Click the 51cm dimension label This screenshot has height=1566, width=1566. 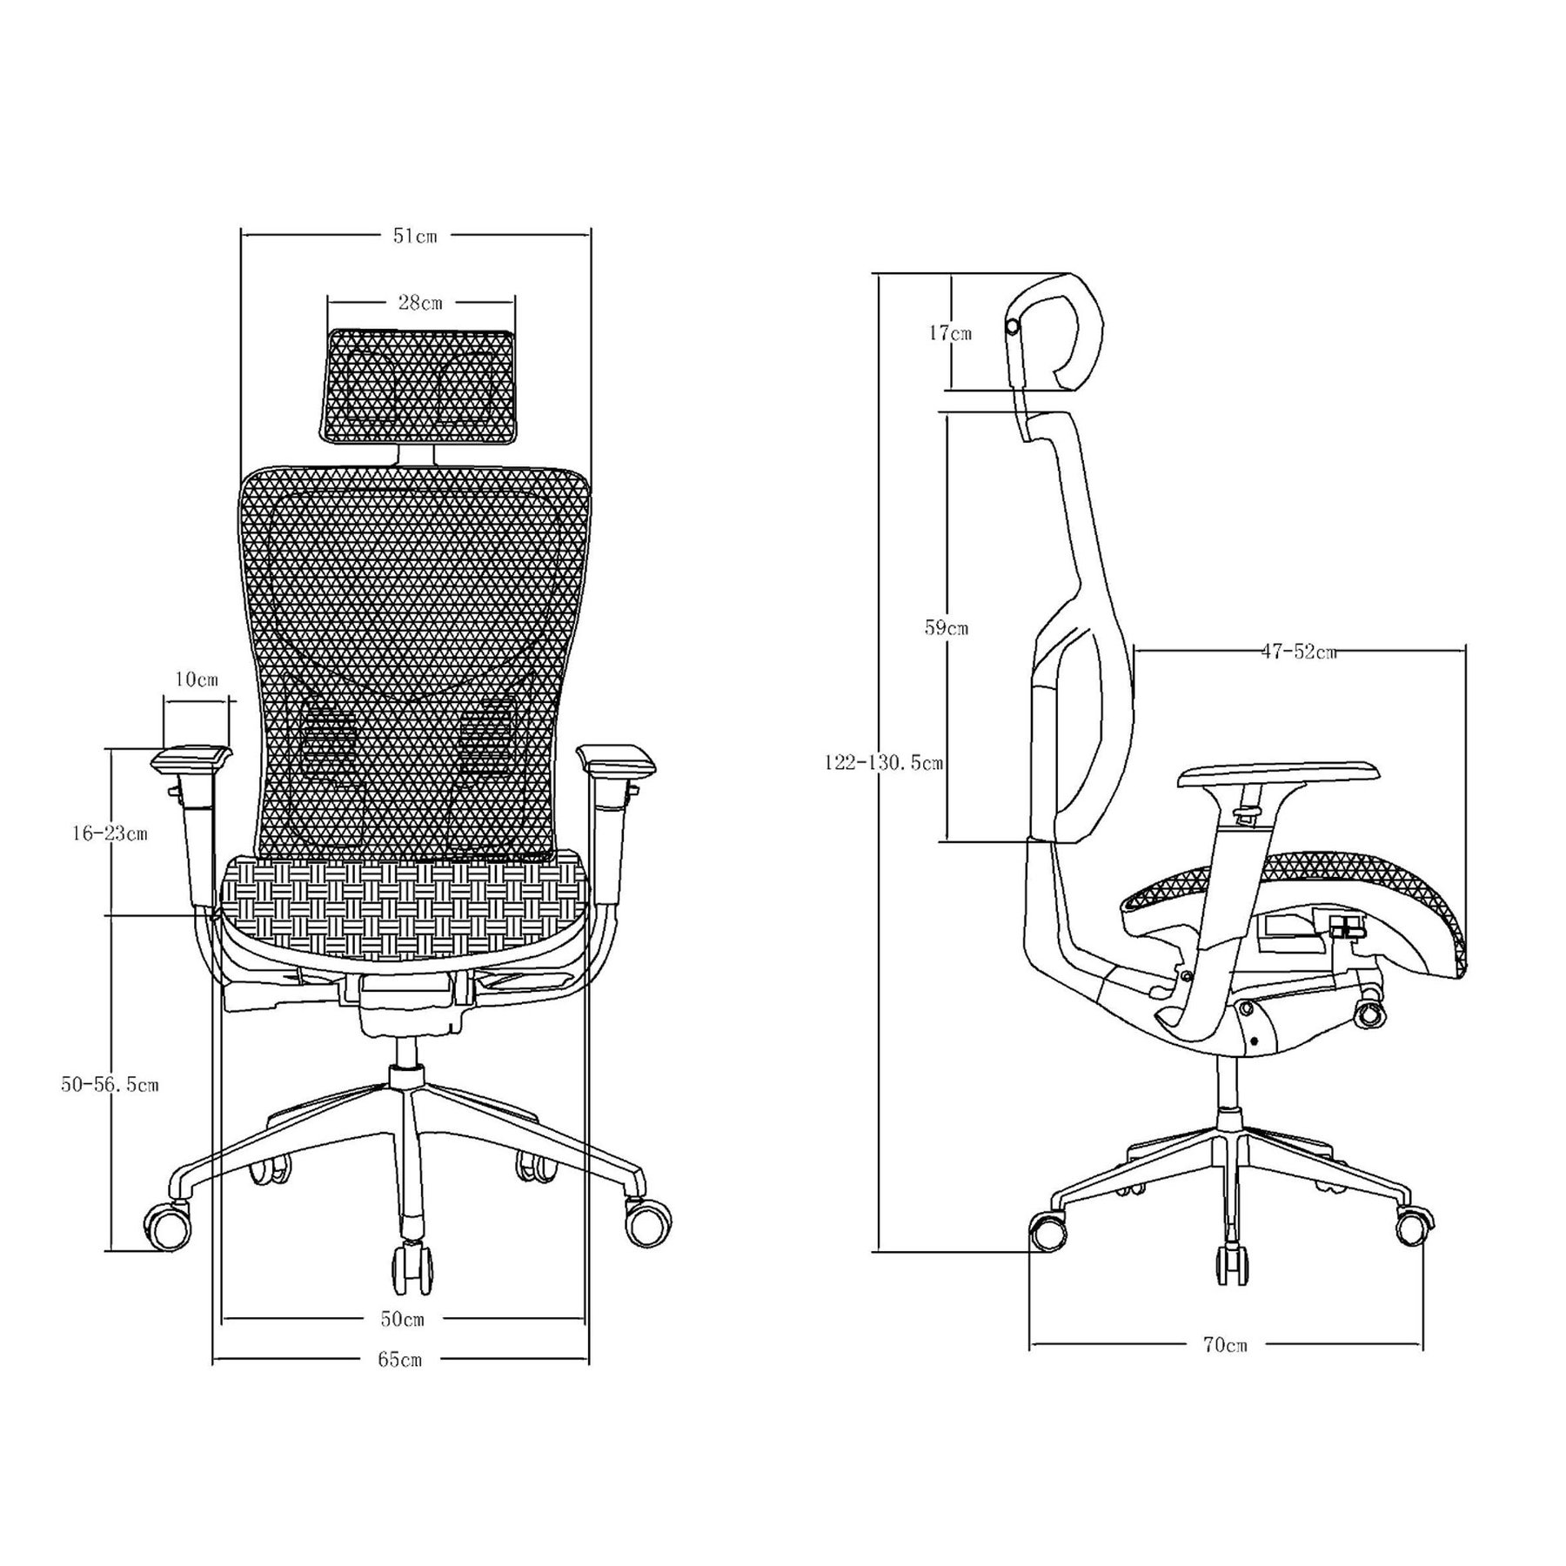pos(414,236)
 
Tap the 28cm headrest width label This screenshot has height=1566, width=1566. pos(420,303)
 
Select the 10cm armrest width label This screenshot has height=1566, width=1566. pos(196,679)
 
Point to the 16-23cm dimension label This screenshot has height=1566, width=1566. pos(110,833)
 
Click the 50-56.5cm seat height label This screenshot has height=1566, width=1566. pos(110,1085)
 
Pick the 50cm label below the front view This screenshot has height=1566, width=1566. pos(402,1343)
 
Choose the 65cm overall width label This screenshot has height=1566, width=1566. pos(400,1383)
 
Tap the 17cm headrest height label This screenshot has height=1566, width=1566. pos(950,332)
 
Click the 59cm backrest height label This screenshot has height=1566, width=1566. pos(946,626)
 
